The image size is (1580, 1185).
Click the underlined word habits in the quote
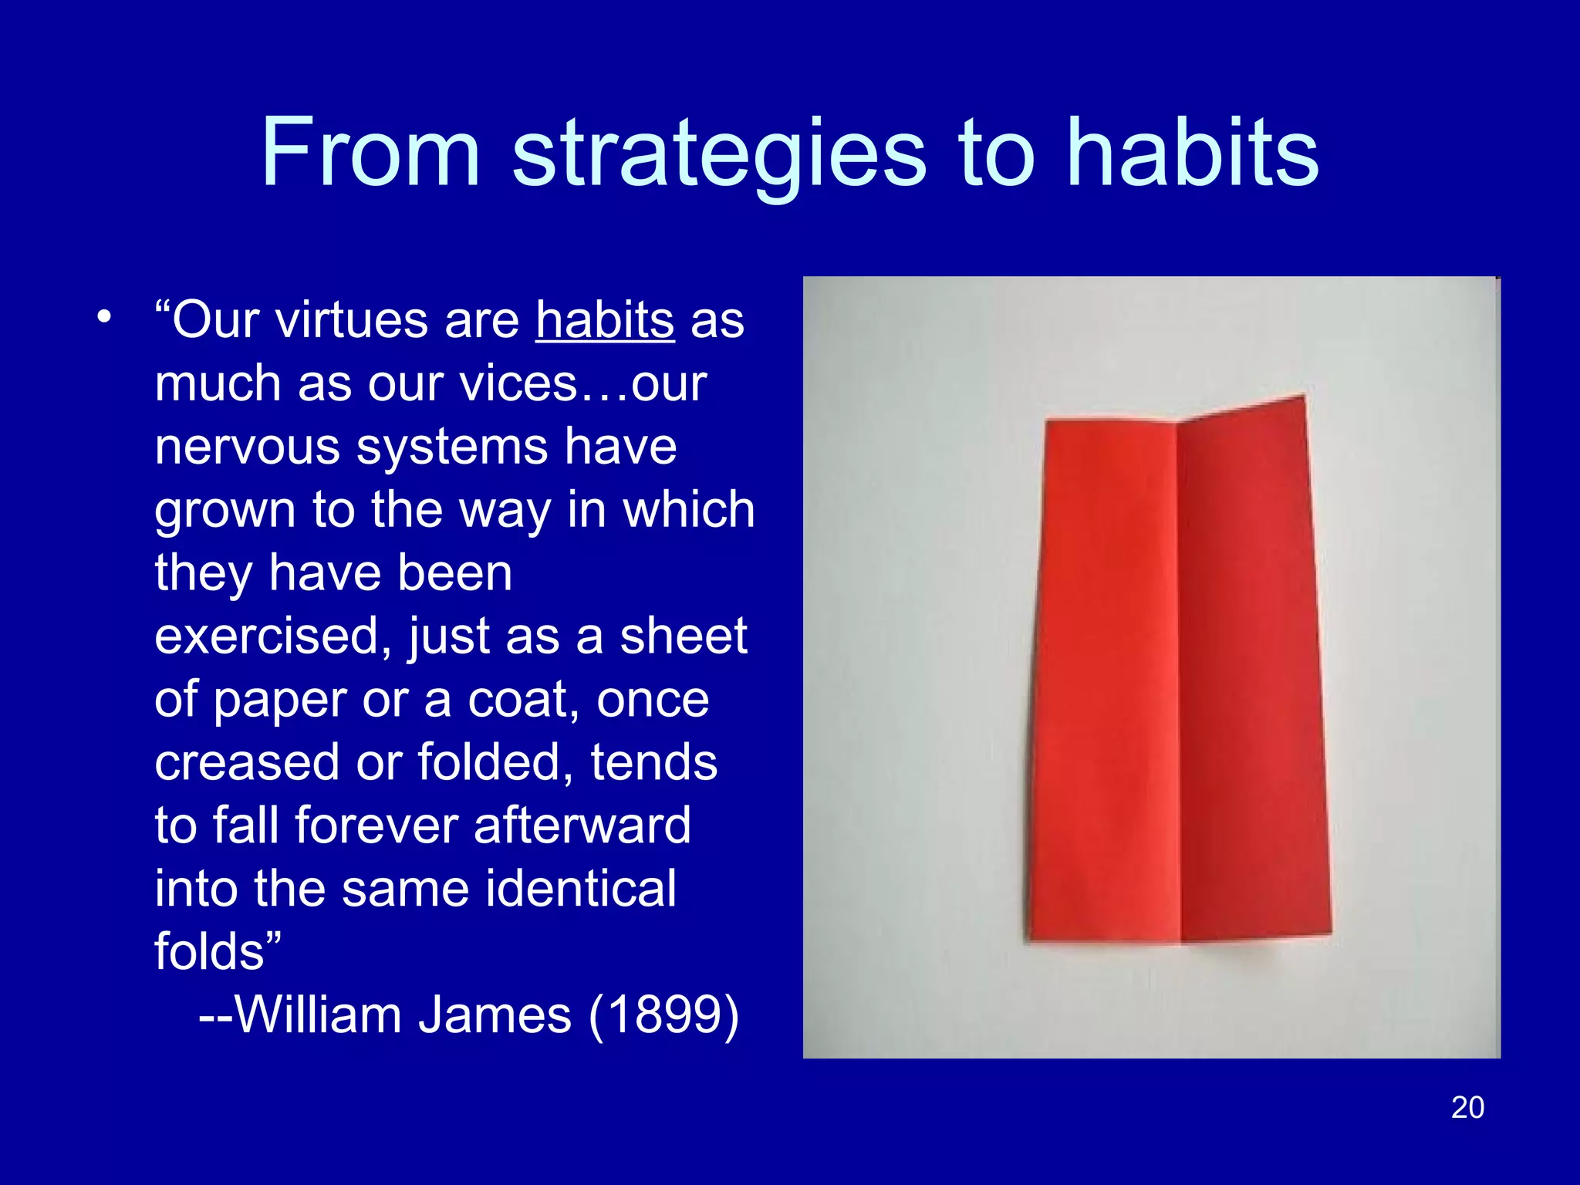tap(605, 319)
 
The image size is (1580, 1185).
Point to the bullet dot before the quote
tap(104, 316)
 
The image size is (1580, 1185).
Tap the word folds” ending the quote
tap(218, 950)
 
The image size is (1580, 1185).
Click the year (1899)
tap(663, 1015)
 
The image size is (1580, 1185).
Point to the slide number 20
tap(1467, 1107)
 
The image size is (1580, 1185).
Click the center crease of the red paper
tap(1178, 679)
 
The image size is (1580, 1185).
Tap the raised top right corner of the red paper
tap(1302, 398)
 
